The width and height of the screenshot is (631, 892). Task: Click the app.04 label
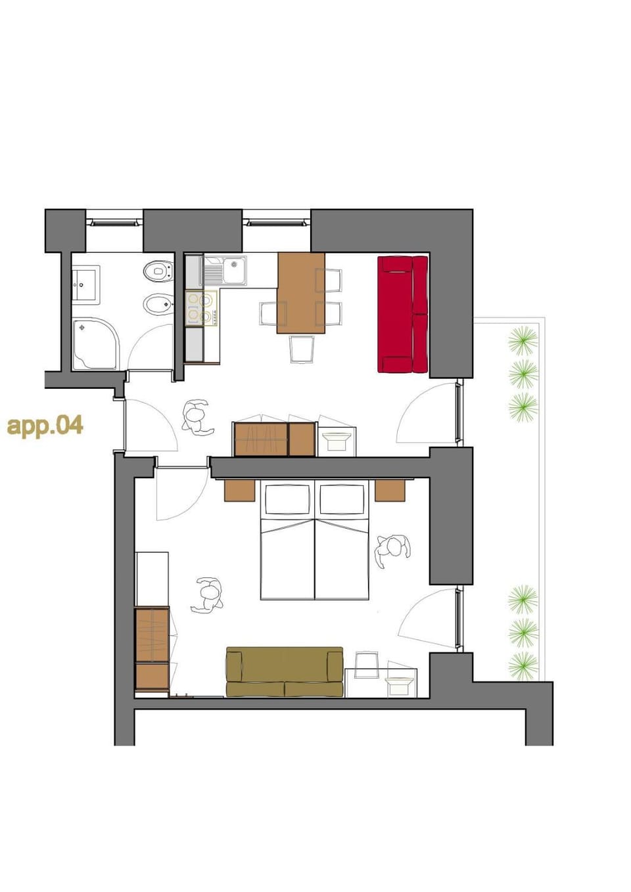(45, 425)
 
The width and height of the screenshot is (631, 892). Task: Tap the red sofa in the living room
(402, 315)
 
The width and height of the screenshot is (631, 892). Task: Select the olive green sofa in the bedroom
(284, 672)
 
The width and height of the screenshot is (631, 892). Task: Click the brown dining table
(300, 292)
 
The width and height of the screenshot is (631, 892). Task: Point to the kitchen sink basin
(233, 270)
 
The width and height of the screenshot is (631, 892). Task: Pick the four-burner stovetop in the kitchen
(200, 308)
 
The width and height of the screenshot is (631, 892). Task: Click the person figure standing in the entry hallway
(197, 418)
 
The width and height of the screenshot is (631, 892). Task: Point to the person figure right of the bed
(392, 550)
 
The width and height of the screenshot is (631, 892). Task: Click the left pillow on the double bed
(287, 501)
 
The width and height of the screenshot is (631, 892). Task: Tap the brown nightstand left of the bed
(239, 490)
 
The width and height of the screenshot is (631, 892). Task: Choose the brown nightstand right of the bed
(390, 490)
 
